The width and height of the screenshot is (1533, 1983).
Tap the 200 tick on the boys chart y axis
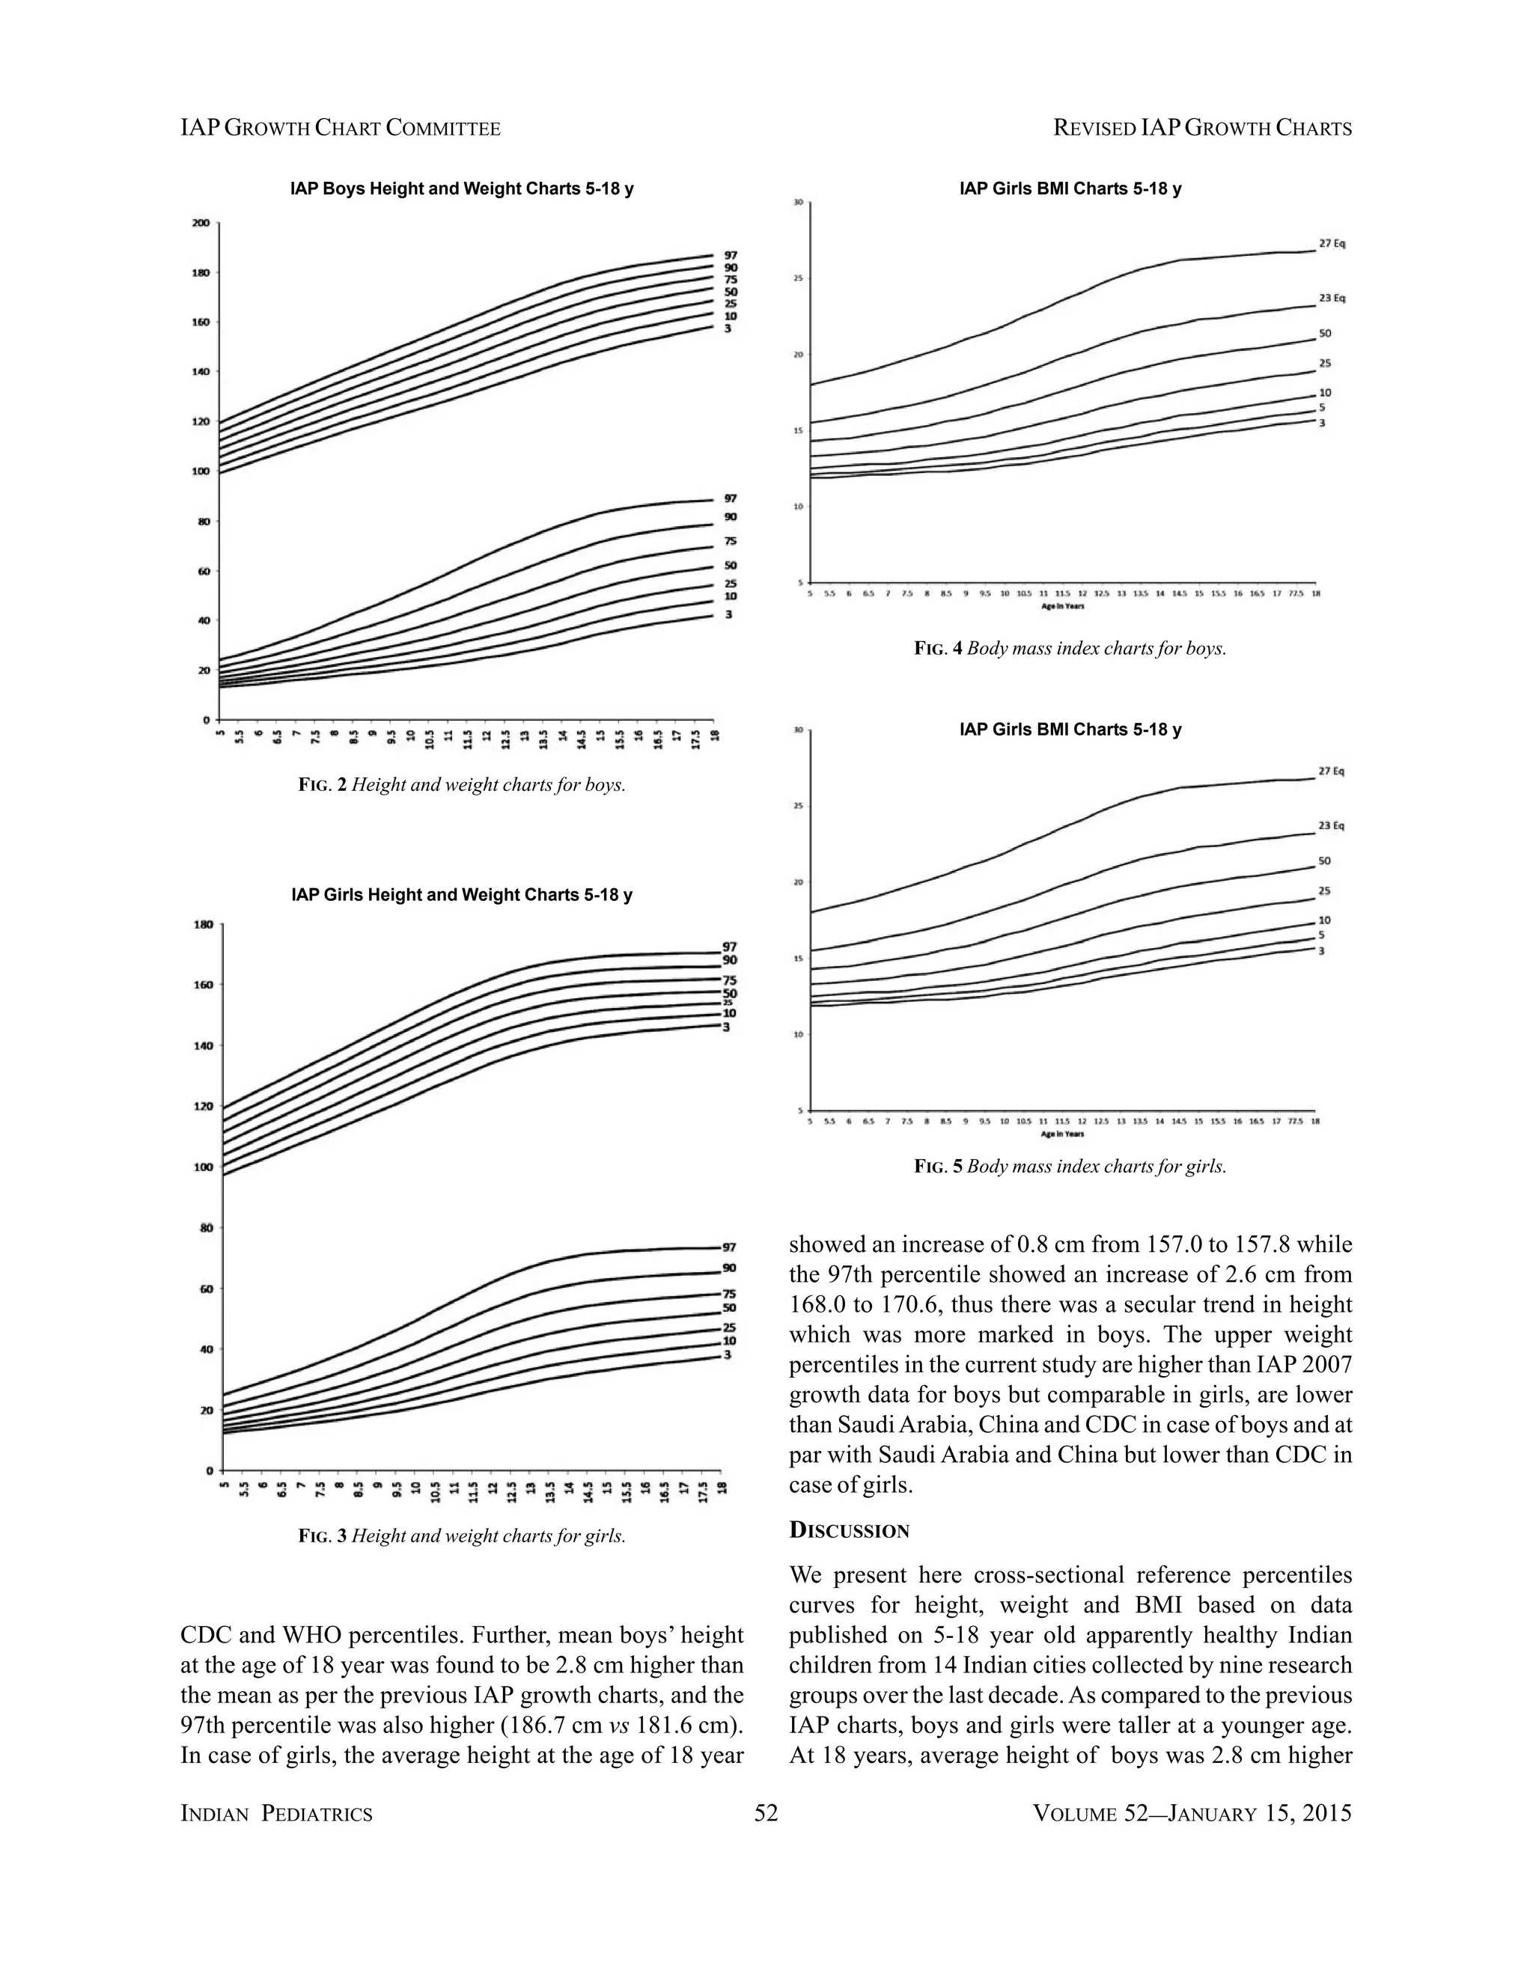click(201, 223)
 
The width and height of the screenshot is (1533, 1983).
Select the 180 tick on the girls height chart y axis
click(203, 924)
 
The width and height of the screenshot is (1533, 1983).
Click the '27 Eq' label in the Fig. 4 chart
click(1332, 243)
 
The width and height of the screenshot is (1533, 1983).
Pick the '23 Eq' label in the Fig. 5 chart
click(1332, 825)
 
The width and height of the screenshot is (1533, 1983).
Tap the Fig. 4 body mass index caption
click(1070, 650)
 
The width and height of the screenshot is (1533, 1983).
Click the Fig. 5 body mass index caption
click(1070, 1166)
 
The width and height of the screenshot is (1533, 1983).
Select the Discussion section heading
click(849, 1530)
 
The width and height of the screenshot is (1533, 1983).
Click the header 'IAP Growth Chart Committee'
click(341, 128)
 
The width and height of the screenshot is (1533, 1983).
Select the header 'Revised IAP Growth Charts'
click(1202, 128)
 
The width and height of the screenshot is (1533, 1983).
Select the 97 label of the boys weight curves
click(730, 498)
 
